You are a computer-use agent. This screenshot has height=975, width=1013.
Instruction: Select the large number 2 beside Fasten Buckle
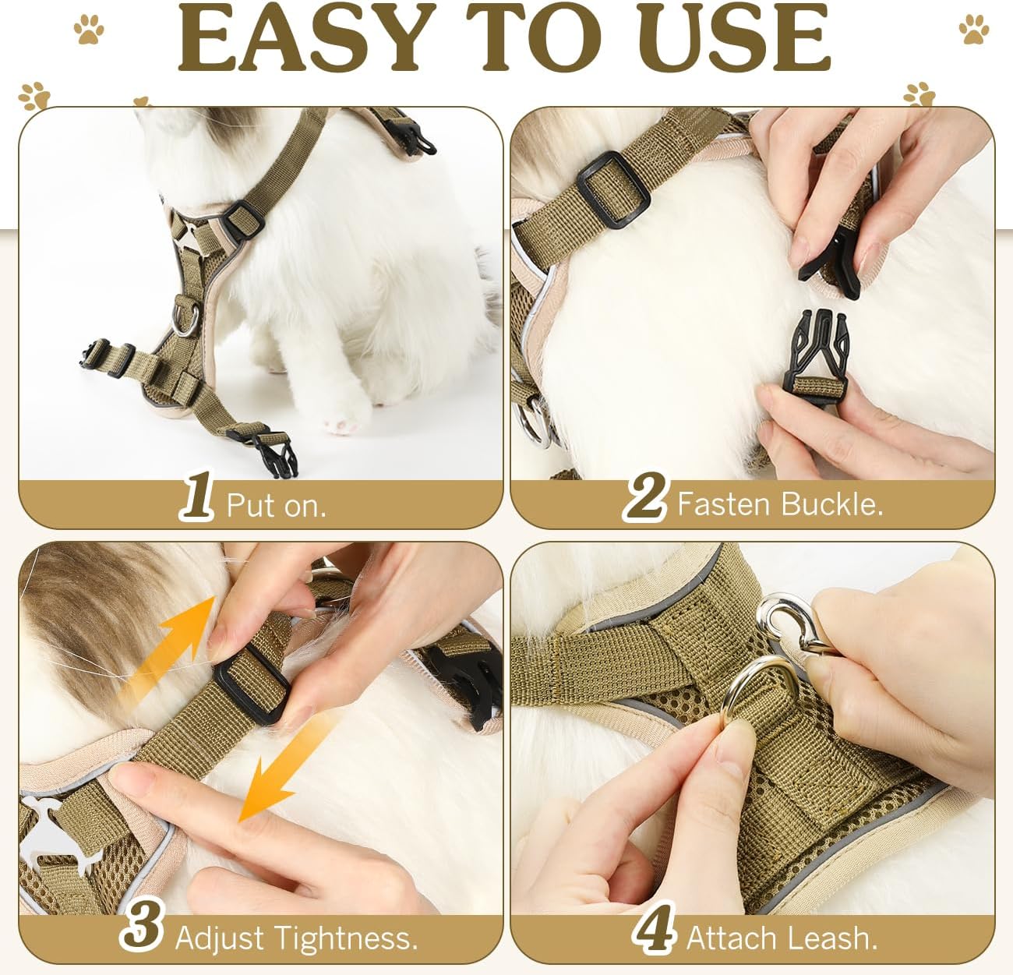(644, 496)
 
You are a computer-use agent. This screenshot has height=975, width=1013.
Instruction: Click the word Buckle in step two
(832, 504)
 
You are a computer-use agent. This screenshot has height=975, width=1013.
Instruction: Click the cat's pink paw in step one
(341, 426)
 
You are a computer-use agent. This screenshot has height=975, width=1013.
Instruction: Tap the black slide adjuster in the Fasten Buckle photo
(612, 189)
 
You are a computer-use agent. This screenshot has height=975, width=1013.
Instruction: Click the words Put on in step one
(276, 505)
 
